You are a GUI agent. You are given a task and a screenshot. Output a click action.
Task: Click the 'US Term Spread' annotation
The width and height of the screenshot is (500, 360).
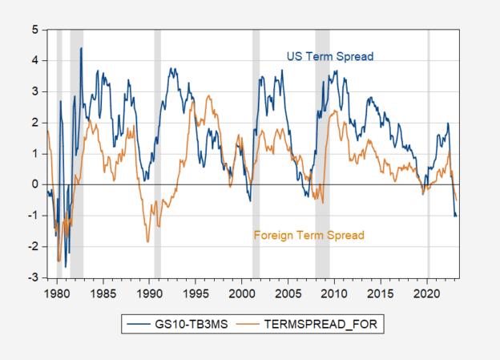330,56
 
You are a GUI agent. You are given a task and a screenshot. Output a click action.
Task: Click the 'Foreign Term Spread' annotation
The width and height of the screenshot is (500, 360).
308,236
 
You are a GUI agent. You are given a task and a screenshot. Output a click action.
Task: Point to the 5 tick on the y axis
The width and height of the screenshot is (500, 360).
35,29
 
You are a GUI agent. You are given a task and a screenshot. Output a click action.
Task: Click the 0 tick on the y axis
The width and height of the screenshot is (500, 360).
35,184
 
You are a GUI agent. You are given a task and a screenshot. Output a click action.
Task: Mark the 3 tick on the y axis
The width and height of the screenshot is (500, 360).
35,91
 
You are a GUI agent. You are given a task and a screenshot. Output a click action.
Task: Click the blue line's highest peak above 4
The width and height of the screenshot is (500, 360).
81,48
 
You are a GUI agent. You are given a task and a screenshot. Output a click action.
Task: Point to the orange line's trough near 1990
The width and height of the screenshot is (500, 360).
148,241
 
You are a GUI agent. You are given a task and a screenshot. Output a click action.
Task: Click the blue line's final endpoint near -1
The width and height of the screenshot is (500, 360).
457,216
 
